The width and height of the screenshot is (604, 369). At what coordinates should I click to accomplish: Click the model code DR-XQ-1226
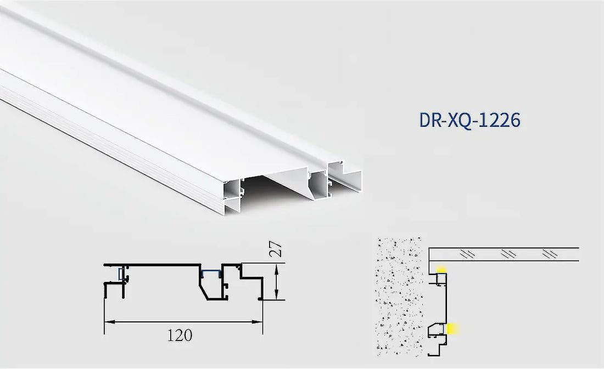[x=469, y=120]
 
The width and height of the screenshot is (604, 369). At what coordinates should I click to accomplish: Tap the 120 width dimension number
[x=180, y=336]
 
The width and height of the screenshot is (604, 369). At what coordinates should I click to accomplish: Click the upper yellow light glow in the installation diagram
[x=441, y=269]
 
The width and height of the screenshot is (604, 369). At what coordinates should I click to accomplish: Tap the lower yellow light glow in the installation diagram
[x=453, y=328]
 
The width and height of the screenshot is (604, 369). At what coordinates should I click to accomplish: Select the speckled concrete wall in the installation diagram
[x=399, y=296]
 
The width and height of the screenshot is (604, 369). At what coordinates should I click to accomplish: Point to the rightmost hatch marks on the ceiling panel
[x=550, y=254]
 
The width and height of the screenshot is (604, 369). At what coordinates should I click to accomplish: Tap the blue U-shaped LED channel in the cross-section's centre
[x=210, y=273]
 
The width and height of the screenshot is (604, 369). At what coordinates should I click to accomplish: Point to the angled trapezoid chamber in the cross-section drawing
[x=211, y=286]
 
